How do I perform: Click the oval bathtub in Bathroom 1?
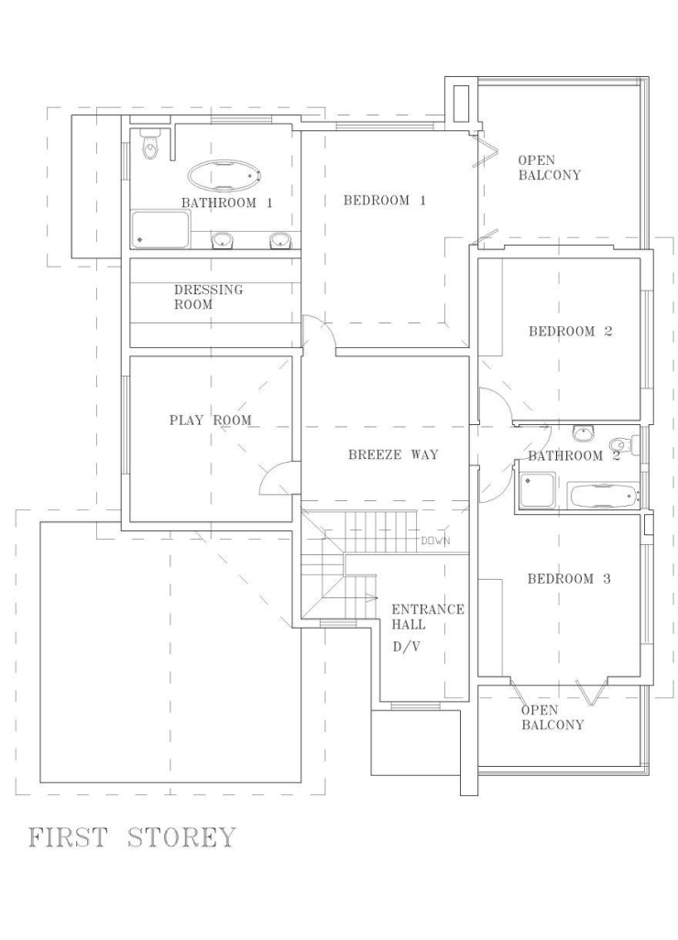(x=224, y=174)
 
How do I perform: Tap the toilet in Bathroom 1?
(x=150, y=145)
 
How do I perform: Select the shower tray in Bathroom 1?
(x=160, y=230)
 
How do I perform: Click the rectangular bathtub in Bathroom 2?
(x=603, y=497)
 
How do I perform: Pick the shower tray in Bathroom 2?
(x=537, y=491)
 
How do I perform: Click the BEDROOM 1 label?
(x=385, y=201)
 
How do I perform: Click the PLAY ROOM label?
(x=210, y=421)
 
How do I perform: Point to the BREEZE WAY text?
(x=393, y=454)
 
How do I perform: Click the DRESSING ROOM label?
(x=208, y=297)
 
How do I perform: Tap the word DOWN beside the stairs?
(x=436, y=541)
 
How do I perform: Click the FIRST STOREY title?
(x=132, y=837)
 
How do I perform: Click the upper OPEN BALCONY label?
(x=549, y=168)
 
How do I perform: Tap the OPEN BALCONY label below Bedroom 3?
(x=552, y=717)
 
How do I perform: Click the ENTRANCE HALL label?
(x=427, y=617)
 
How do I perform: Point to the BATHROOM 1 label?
(x=226, y=202)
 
